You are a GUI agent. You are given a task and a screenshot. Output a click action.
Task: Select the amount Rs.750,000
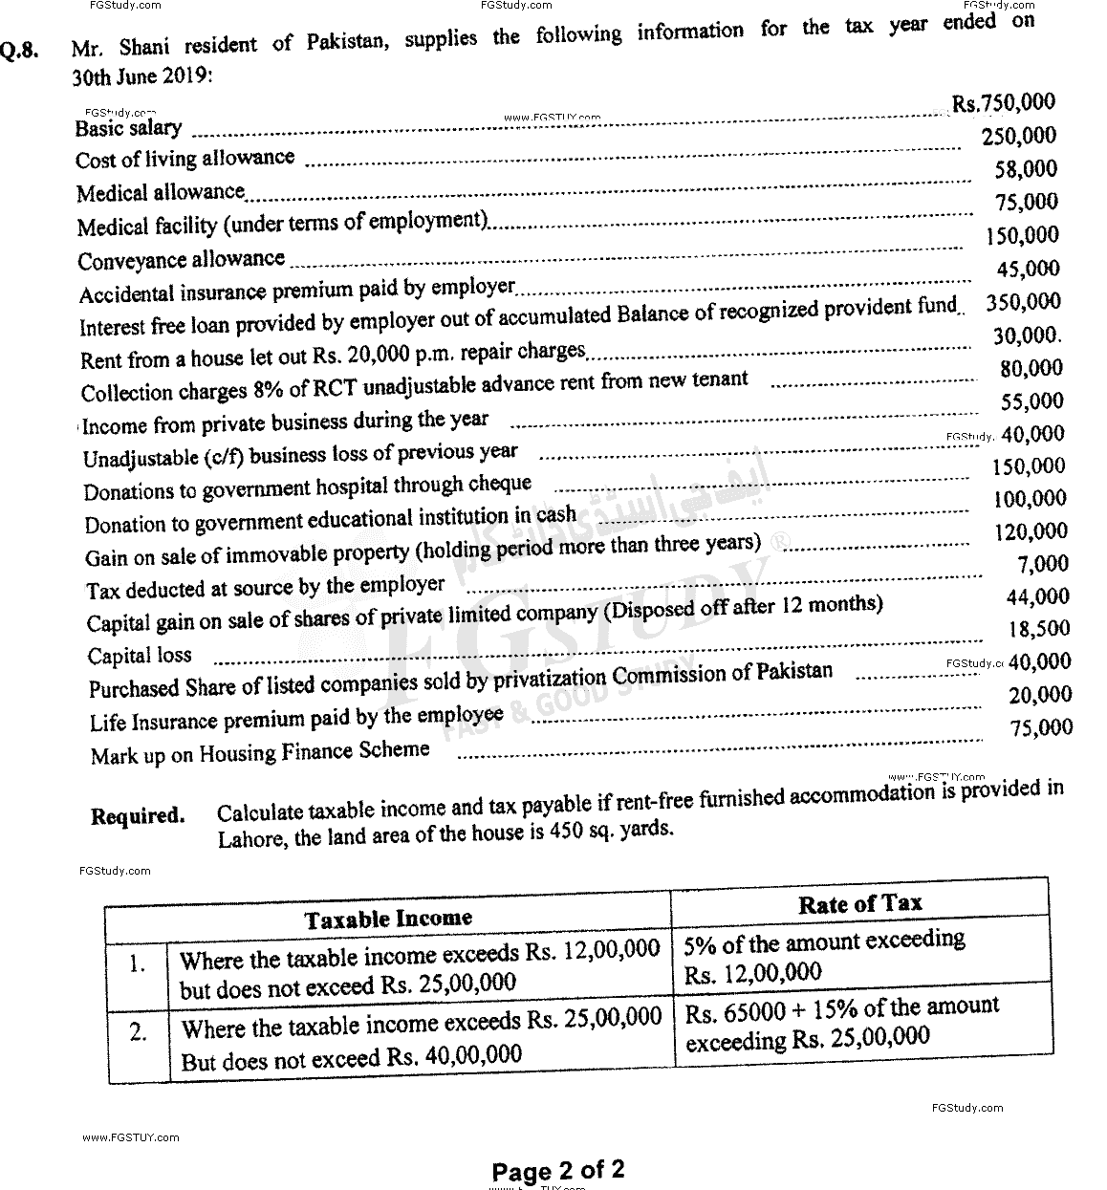(1003, 103)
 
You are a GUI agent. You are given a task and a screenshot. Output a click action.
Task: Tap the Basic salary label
(128, 128)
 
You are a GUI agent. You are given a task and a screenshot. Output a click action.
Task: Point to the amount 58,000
(1026, 169)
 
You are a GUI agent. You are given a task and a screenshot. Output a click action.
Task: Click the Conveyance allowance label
(181, 260)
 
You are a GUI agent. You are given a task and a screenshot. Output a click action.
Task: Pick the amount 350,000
(1023, 302)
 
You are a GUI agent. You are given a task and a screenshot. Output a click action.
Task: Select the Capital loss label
(140, 656)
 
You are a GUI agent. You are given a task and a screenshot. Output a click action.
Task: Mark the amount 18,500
(1039, 629)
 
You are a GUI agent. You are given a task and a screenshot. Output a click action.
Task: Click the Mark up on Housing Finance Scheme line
(259, 753)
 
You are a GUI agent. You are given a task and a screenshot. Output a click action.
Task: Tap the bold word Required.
(138, 816)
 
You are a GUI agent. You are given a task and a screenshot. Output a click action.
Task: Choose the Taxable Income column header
(388, 919)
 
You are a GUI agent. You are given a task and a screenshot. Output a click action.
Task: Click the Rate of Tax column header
(859, 903)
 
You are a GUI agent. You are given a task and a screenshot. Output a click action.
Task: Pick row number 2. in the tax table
(139, 1033)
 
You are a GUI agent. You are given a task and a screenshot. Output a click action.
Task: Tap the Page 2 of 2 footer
(557, 1170)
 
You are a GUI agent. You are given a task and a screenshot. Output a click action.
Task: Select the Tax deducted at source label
(265, 587)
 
